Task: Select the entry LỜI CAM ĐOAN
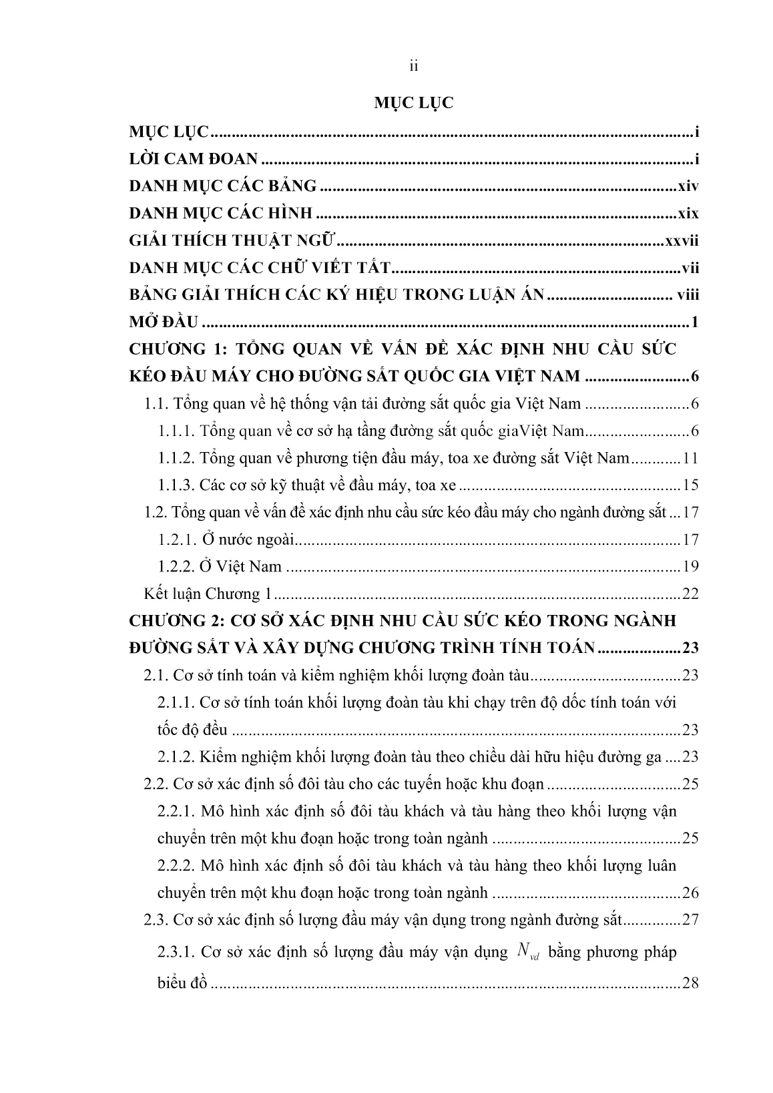click(194, 159)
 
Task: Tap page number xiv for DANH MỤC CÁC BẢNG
click(687, 186)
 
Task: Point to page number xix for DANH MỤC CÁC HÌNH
click(687, 214)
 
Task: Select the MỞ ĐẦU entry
click(164, 323)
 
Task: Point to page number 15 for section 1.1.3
click(690, 485)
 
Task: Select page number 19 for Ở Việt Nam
click(690, 567)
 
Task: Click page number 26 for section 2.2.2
click(690, 893)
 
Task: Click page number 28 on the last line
click(690, 983)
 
